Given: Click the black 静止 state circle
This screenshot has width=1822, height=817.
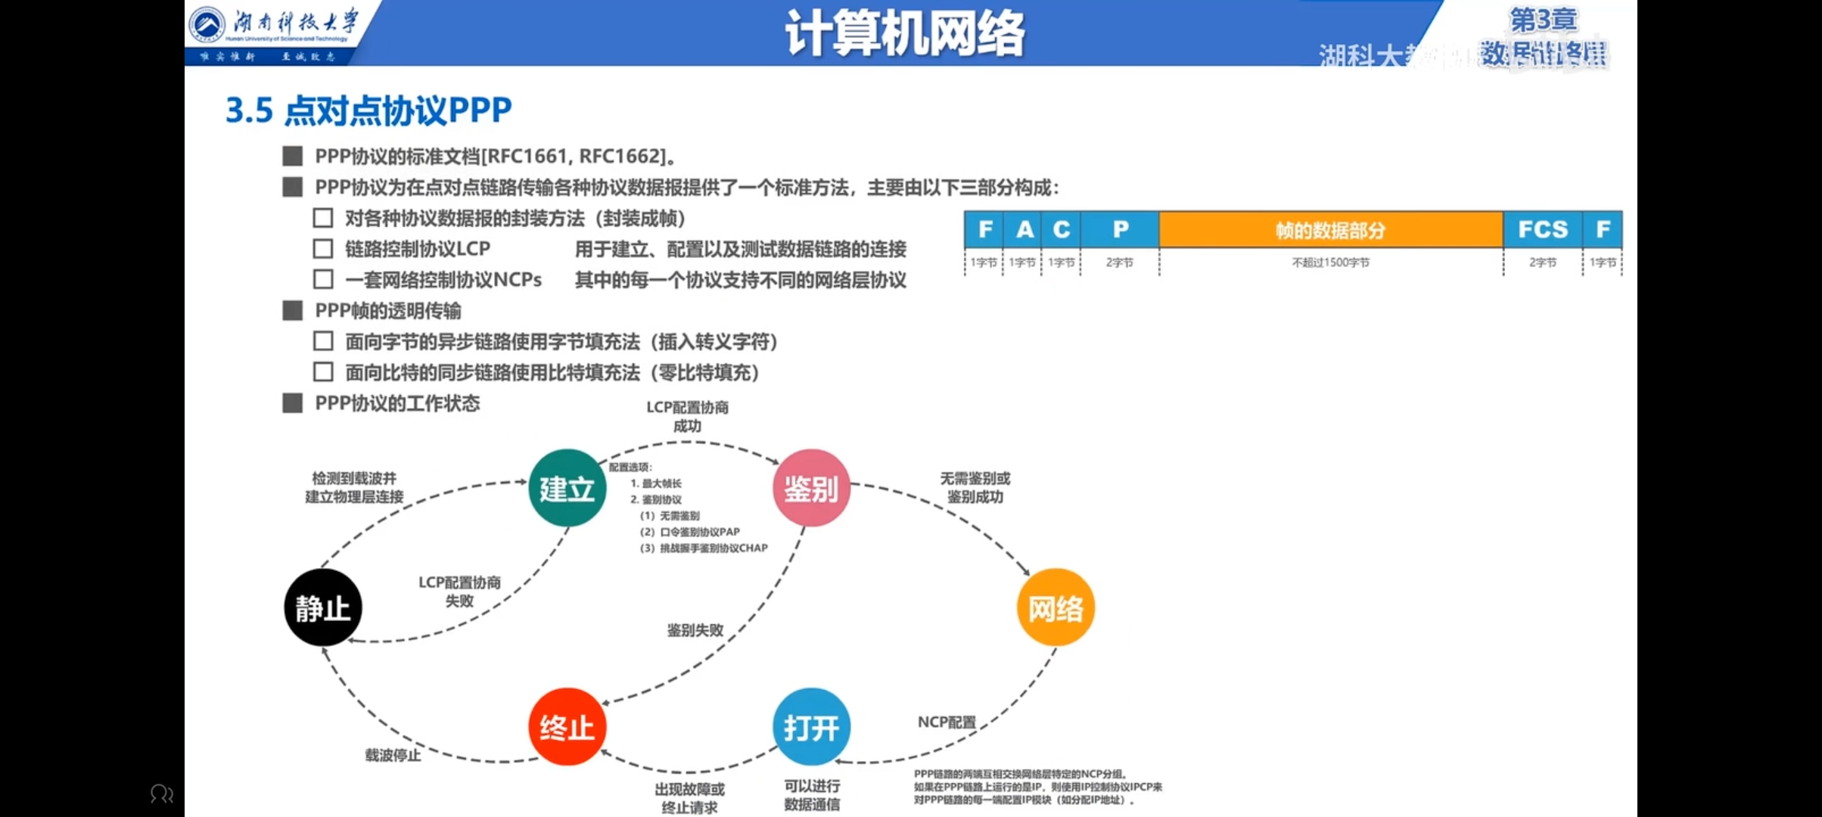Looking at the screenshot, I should (x=323, y=607).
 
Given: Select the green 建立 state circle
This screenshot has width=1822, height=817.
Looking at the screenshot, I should (x=567, y=488).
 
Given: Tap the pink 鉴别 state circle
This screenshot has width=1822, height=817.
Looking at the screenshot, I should (x=811, y=488).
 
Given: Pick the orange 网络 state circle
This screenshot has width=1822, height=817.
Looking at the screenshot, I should (x=1056, y=607).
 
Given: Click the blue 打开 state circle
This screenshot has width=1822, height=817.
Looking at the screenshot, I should (x=811, y=727).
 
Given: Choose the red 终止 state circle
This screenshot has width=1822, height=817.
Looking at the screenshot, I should (x=567, y=727).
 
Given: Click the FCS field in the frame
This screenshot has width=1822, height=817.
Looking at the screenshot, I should (x=1542, y=229).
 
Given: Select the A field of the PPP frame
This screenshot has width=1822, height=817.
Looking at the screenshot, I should (x=1024, y=229).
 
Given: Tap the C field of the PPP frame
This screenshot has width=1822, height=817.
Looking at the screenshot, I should (x=1062, y=229).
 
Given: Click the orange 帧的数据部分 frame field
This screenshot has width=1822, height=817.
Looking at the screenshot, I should (x=1330, y=229).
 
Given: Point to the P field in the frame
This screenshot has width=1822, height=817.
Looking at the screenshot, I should (x=1120, y=229).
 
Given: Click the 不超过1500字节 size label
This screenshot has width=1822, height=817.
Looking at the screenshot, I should (x=1330, y=262).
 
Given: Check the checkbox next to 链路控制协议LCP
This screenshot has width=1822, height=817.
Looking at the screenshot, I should (x=323, y=249).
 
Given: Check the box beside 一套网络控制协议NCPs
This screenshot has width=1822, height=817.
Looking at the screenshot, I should (x=323, y=280).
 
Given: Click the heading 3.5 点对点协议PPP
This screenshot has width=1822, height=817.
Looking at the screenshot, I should (x=368, y=110).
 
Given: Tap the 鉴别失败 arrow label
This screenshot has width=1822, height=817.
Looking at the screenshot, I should (x=695, y=630).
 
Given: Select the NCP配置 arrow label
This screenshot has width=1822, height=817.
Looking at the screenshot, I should (x=946, y=722).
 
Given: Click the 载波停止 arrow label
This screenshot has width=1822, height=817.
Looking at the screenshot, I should (x=393, y=755).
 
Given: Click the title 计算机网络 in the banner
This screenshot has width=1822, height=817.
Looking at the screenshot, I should (x=905, y=33).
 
